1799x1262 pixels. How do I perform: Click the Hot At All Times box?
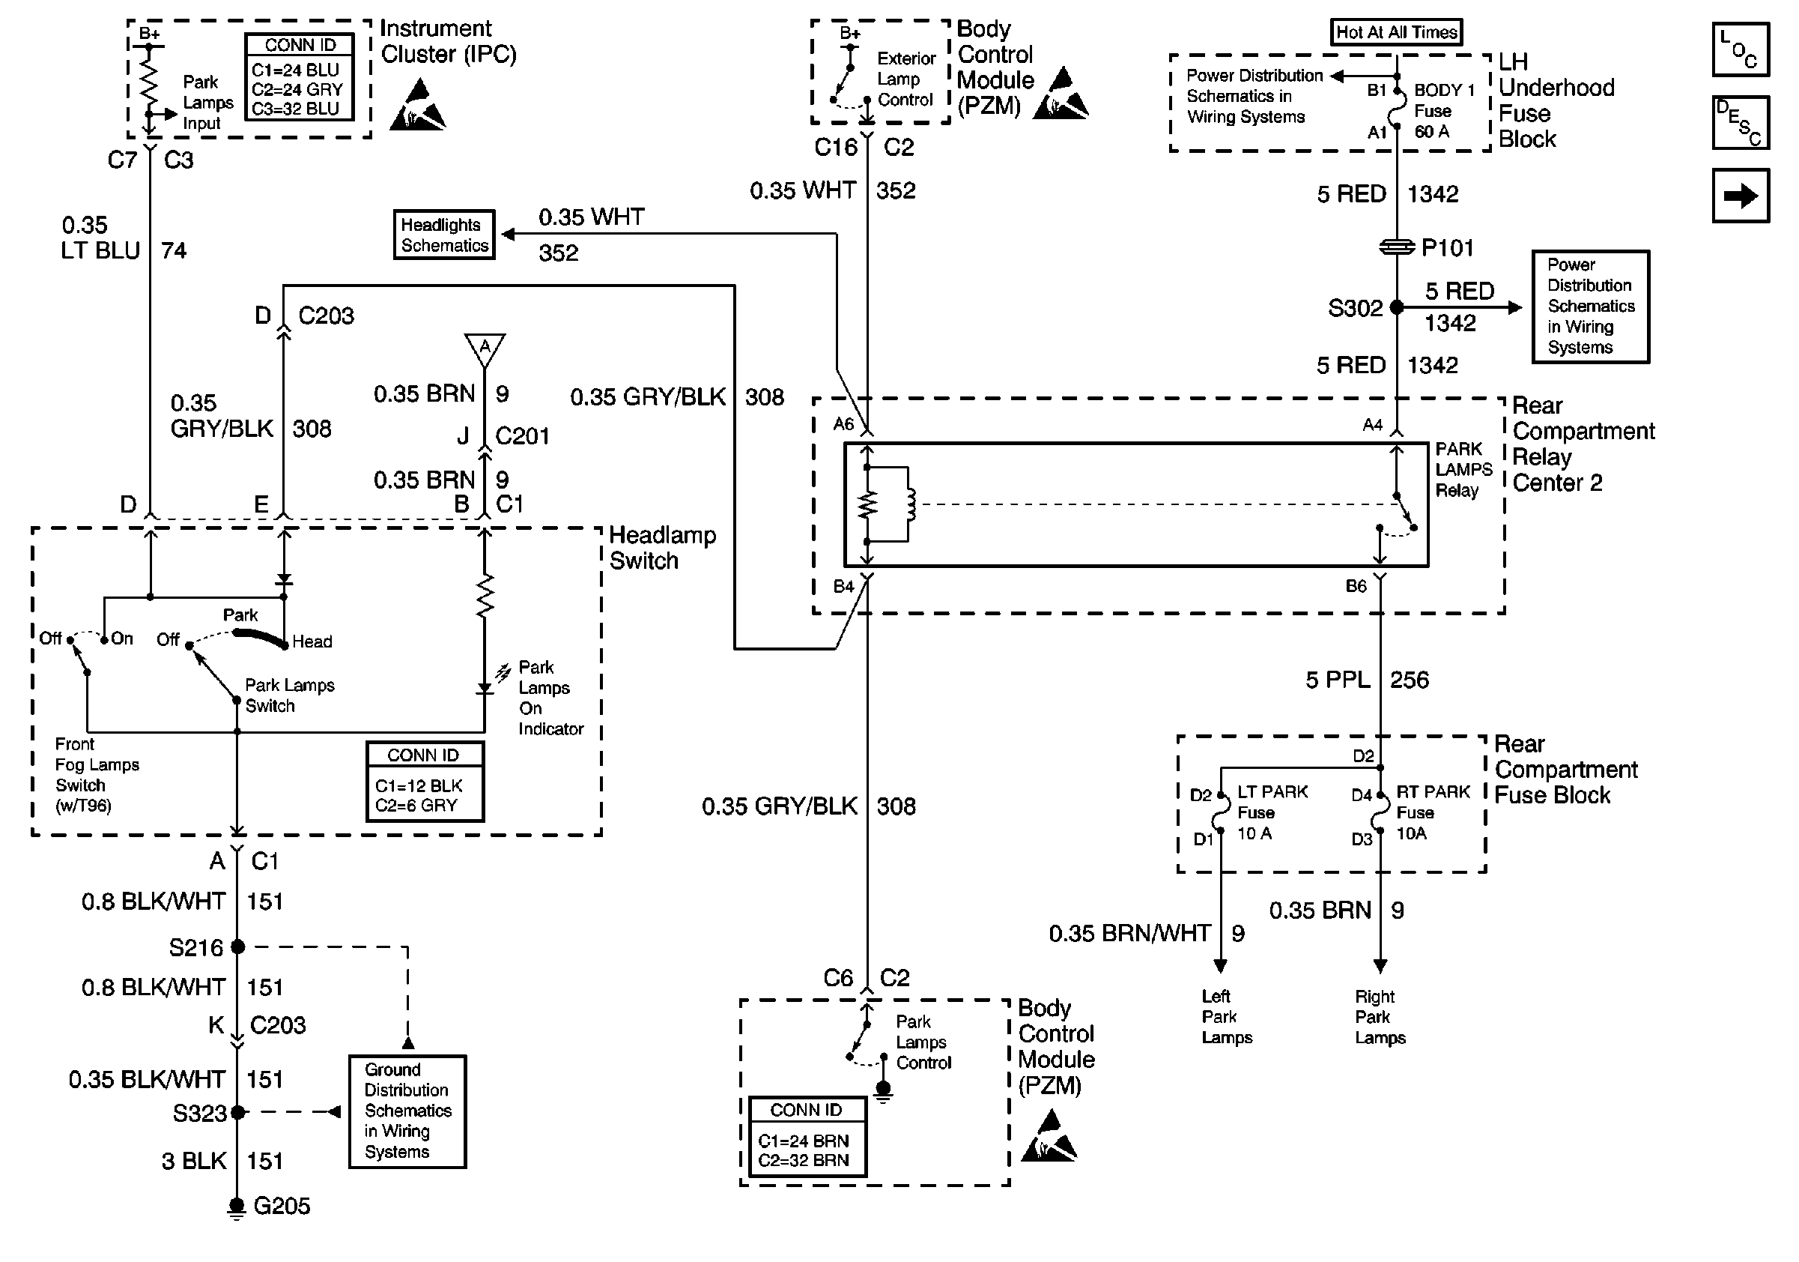click(x=1396, y=32)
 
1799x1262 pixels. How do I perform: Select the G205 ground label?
click(x=282, y=1206)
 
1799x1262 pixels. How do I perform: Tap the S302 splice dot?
click(x=1396, y=307)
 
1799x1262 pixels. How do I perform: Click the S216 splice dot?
click(x=238, y=947)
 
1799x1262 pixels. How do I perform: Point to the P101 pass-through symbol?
click(x=1396, y=248)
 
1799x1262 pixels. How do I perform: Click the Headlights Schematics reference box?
click(x=444, y=235)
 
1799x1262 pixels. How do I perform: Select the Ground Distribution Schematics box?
click(x=407, y=1111)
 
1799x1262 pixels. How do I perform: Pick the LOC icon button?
click(x=1741, y=49)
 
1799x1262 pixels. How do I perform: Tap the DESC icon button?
click(x=1741, y=122)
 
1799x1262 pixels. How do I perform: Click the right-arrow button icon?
click(x=1741, y=196)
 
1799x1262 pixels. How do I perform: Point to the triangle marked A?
click(x=485, y=348)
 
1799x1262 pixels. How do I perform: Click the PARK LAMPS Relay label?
click(x=1463, y=470)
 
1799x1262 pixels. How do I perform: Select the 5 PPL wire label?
click(x=1338, y=680)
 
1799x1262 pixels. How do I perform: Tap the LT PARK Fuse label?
click(x=1272, y=812)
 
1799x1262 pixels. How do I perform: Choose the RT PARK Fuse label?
click(x=1432, y=812)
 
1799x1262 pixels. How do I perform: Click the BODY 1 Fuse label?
click(x=1443, y=110)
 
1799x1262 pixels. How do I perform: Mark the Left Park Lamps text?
click(x=1226, y=1017)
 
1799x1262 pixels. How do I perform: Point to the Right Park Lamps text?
click(x=1380, y=1017)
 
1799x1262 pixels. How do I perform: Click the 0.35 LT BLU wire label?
click(x=100, y=238)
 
